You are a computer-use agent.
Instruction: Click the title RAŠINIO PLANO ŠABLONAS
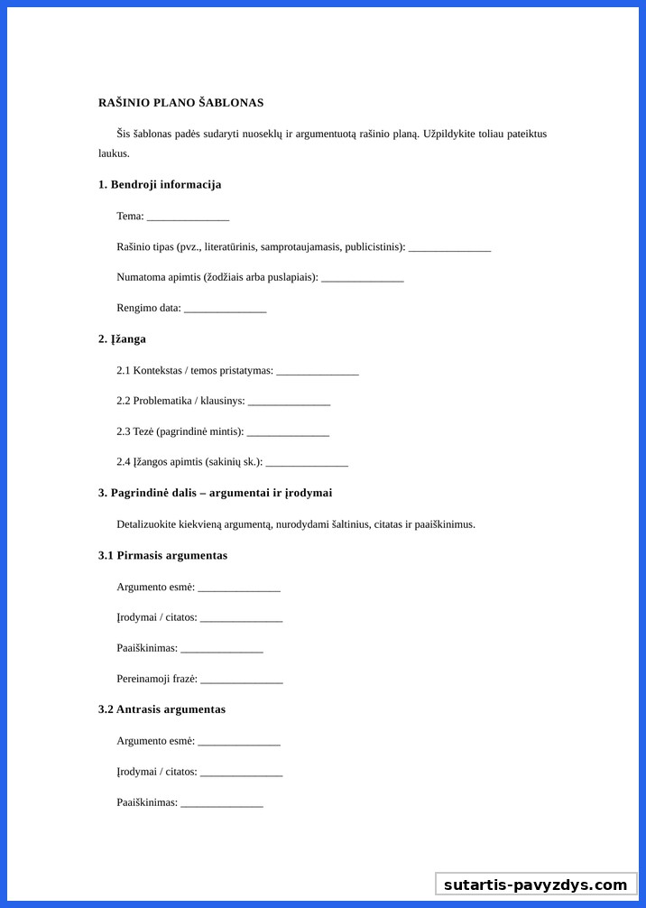point(180,103)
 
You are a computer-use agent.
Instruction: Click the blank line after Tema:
point(188,217)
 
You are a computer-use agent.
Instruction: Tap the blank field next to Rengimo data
point(225,309)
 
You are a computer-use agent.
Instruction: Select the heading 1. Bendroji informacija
point(160,185)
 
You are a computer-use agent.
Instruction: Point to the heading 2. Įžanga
point(122,339)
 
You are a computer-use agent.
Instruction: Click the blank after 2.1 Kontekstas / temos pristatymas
point(318,371)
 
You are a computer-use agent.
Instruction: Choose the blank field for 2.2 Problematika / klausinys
point(289,402)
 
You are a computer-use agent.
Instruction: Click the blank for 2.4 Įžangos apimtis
point(307,463)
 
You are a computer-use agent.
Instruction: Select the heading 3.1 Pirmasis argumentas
point(162,556)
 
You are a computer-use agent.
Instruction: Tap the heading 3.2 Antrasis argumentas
point(161,709)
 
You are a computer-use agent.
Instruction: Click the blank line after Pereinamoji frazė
point(242,679)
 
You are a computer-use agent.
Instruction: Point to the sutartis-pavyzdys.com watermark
point(535,885)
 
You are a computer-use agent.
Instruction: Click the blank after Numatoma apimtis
point(362,277)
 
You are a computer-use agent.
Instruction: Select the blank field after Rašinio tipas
point(449,247)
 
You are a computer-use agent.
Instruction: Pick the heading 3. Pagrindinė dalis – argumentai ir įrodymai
point(215,493)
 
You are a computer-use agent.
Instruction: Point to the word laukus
point(114,153)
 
